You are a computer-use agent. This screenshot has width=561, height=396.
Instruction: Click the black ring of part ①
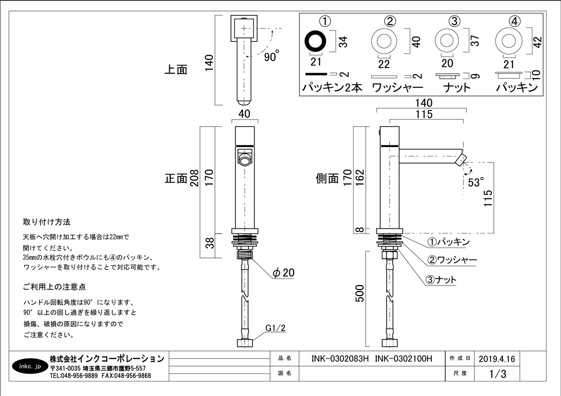click(316, 40)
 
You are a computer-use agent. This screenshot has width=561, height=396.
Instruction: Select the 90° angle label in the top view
click(271, 57)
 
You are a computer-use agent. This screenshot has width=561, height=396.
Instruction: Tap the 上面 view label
click(176, 69)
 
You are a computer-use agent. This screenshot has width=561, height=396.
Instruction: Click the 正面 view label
click(176, 178)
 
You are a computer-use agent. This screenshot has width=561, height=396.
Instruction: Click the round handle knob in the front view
click(245, 160)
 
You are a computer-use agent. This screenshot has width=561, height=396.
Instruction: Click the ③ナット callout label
click(441, 280)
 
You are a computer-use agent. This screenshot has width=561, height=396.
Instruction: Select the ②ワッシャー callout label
click(451, 260)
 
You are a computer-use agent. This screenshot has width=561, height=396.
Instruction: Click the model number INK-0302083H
click(340, 358)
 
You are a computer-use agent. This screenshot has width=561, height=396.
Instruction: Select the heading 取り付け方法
click(47, 221)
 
